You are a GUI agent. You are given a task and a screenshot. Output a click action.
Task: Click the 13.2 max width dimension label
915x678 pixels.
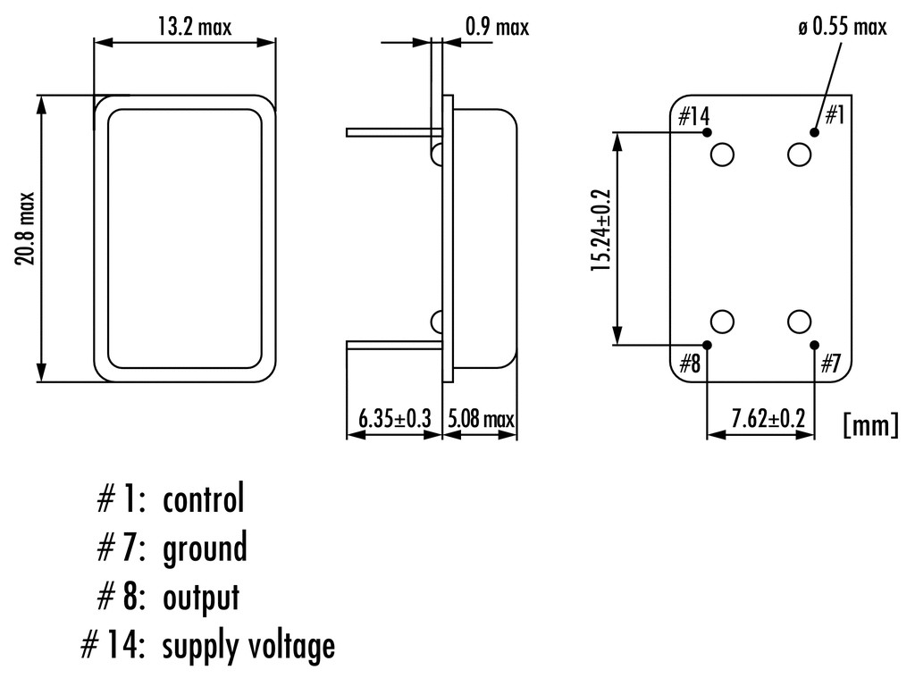click(x=194, y=27)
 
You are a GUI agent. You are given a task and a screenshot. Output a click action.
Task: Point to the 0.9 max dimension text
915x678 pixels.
click(x=497, y=27)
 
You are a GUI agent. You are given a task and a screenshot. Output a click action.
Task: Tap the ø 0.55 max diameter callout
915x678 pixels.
click(x=842, y=27)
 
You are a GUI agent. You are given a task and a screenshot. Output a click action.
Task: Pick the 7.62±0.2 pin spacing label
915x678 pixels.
click(x=768, y=418)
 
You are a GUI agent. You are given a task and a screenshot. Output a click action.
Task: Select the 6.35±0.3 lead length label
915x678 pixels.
click(x=394, y=418)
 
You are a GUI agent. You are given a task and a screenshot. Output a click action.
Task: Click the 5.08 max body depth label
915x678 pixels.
click(x=482, y=418)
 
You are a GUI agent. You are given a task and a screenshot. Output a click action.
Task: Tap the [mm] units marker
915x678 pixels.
click(x=870, y=425)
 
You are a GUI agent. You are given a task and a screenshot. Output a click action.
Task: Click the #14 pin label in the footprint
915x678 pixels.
click(x=693, y=116)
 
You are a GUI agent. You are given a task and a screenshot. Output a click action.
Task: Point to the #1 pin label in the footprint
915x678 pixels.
click(x=834, y=115)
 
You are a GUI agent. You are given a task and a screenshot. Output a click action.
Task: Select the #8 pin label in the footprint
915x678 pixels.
click(x=689, y=364)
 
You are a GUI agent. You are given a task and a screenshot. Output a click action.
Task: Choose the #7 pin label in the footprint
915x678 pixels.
click(x=830, y=364)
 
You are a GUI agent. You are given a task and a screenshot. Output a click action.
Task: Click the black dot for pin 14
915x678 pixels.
click(x=708, y=132)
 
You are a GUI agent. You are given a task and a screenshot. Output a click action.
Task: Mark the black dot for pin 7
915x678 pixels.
click(x=814, y=345)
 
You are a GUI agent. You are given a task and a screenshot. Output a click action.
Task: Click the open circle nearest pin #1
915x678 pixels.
click(x=800, y=155)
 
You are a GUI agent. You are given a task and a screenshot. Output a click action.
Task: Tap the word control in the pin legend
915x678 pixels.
click(x=203, y=498)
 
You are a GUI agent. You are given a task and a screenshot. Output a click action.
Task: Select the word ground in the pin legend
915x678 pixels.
click(x=205, y=548)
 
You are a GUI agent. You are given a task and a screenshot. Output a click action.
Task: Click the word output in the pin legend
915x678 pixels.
click(x=200, y=597)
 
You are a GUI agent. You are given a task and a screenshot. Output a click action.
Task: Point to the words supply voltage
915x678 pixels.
click(x=248, y=646)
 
